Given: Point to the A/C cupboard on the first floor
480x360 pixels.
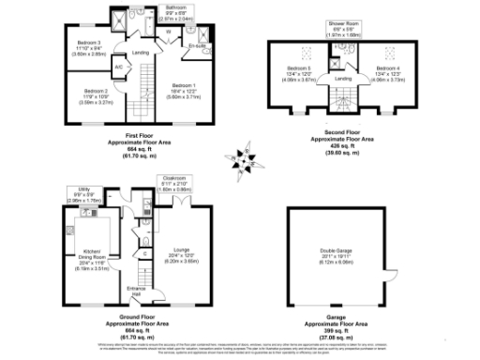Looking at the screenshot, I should click(x=120, y=67).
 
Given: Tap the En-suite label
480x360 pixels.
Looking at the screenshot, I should click(x=196, y=43).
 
